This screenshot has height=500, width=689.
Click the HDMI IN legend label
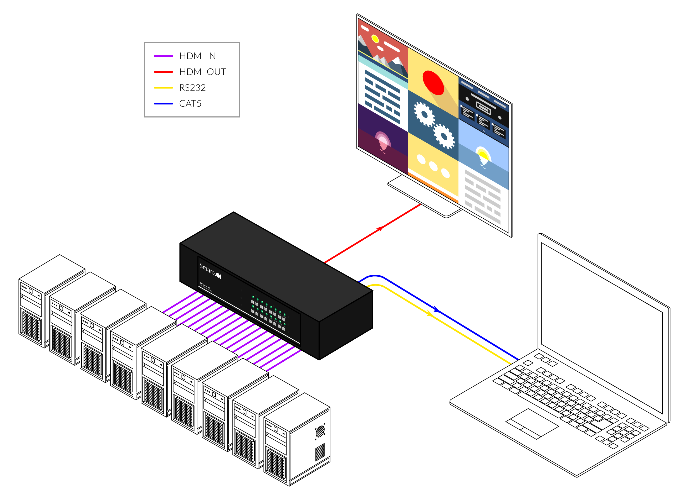click(x=197, y=56)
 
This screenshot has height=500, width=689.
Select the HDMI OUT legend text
click(x=203, y=72)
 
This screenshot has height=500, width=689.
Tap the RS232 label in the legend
click(x=192, y=88)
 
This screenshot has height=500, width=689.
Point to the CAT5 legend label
click(x=190, y=104)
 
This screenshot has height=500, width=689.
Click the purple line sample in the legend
click(x=164, y=56)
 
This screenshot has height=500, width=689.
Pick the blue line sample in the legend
click(x=164, y=104)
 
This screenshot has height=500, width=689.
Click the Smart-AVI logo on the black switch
click(x=210, y=271)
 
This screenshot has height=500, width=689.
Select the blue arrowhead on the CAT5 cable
click(x=436, y=309)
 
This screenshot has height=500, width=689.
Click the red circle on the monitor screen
click(x=433, y=82)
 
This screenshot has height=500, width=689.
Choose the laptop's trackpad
click(x=532, y=424)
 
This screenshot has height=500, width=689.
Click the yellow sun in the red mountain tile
click(x=375, y=39)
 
